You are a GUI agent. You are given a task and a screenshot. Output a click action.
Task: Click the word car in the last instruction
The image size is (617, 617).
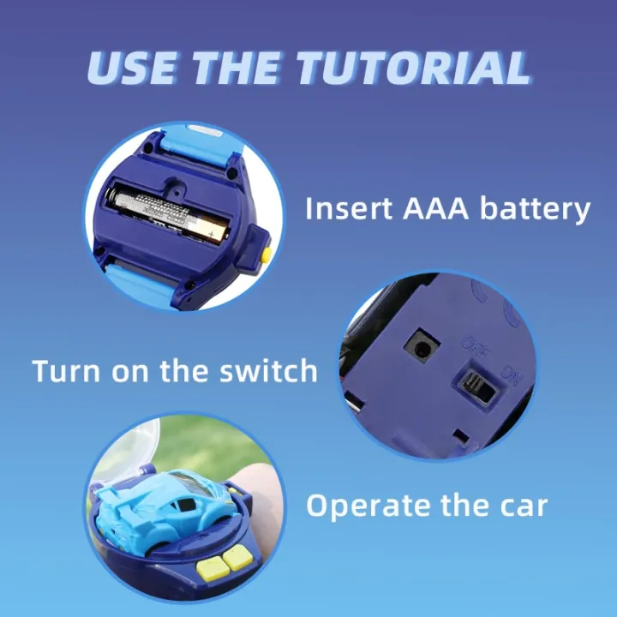(x=519, y=506)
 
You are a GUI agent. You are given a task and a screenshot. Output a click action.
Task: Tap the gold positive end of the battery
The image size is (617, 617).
(x=213, y=230)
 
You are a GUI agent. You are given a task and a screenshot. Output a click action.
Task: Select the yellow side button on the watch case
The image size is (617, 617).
(x=266, y=253)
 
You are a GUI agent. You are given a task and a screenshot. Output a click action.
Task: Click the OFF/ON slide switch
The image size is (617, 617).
(x=473, y=386)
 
